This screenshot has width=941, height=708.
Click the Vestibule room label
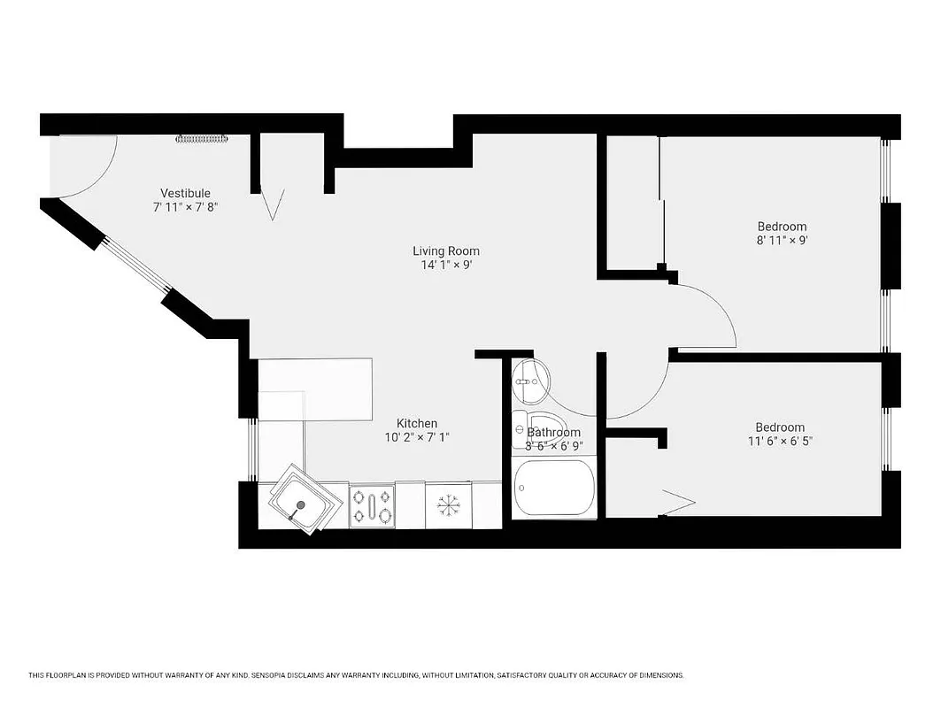[x=185, y=193]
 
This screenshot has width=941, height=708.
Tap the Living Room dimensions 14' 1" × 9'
[x=445, y=265]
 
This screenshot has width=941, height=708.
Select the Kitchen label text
[x=416, y=423]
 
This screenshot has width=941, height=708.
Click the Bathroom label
[x=554, y=432]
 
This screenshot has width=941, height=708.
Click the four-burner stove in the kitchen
[x=372, y=506]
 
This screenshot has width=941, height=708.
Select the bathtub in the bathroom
[x=554, y=488]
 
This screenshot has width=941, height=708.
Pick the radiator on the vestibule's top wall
[x=203, y=138]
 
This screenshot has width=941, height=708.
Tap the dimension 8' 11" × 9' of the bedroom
[x=782, y=239]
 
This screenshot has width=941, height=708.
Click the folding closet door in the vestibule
[x=274, y=204]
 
